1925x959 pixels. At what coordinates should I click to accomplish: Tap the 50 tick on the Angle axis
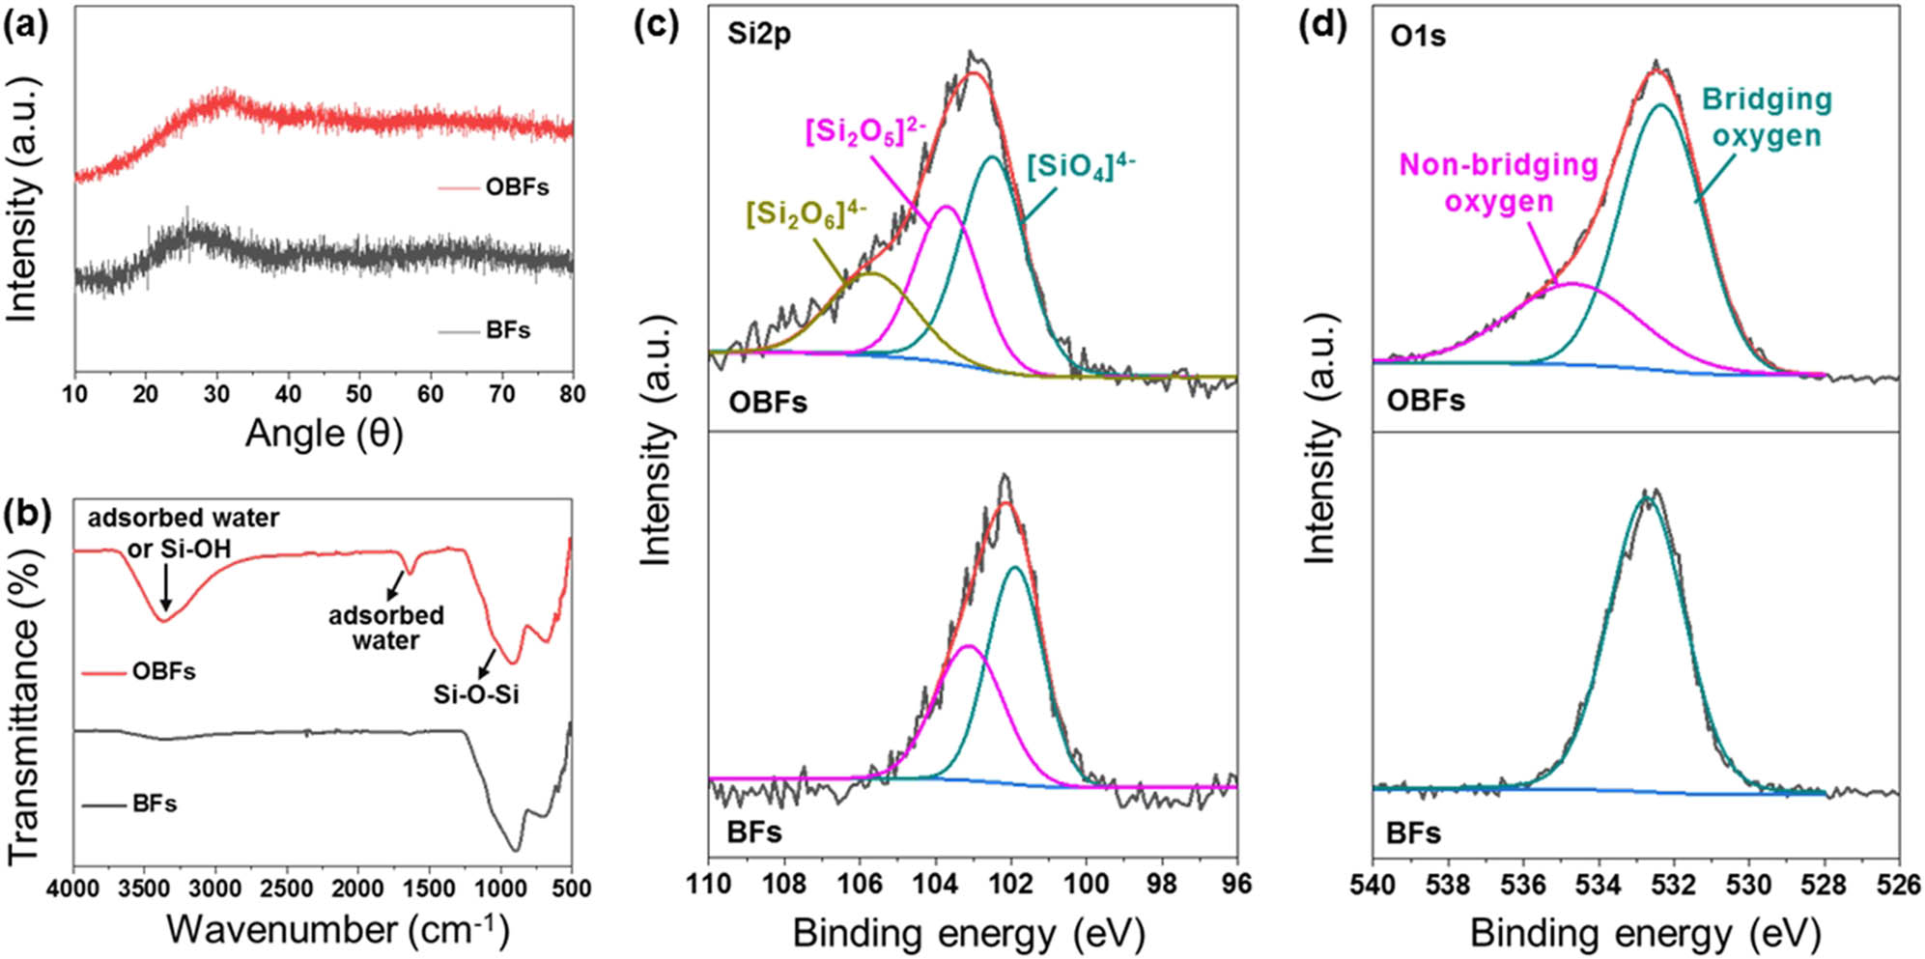(x=358, y=393)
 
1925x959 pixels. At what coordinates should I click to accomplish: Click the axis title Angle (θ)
(x=324, y=434)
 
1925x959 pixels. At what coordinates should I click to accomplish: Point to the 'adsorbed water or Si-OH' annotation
(x=183, y=533)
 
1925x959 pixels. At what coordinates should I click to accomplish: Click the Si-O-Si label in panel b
(x=476, y=693)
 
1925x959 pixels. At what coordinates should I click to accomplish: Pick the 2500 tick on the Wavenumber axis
(x=287, y=888)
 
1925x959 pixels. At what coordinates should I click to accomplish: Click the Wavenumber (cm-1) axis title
(x=337, y=929)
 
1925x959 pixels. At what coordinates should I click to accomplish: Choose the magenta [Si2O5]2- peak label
(x=865, y=131)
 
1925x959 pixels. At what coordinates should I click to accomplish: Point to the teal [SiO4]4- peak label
(x=1080, y=166)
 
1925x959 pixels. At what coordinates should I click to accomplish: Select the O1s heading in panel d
(x=1418, y=36)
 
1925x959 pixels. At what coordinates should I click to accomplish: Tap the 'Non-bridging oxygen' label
(x=1498, y=183)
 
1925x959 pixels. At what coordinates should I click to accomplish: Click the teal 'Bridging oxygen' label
(x=1767, y=117)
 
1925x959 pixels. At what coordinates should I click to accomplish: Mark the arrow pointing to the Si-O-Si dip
(x=487, y=663)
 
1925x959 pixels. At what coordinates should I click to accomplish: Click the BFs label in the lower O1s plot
(x=1413, y=832)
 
